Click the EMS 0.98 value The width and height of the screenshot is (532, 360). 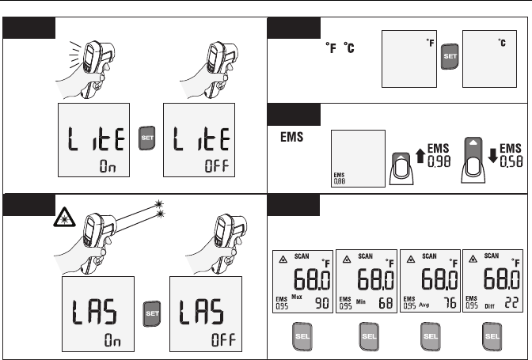[x=438, y=153]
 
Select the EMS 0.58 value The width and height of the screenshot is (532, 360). [x=511, y=153]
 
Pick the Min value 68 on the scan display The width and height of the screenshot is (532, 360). [x=384, y=301]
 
